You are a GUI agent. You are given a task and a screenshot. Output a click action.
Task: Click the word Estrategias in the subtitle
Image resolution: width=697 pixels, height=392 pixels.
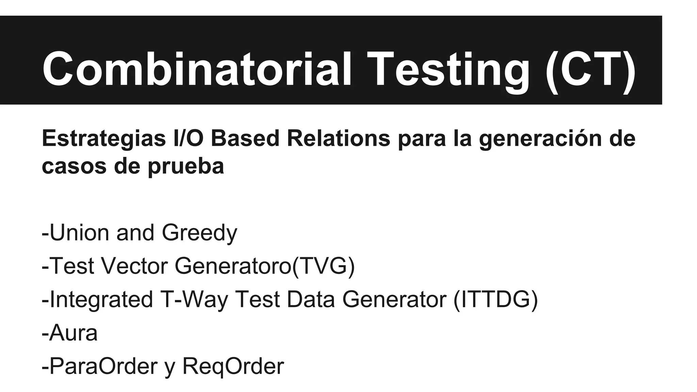(104, 139)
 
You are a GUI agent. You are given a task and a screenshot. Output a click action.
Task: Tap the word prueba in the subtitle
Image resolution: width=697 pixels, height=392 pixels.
(186, 167)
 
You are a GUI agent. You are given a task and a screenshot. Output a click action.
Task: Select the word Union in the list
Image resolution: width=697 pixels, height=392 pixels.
(79, 233)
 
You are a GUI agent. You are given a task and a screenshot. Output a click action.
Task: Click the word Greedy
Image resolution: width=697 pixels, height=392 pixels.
(199, 233)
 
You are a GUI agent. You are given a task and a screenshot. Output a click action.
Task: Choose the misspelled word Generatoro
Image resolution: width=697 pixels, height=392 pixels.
(233, 266)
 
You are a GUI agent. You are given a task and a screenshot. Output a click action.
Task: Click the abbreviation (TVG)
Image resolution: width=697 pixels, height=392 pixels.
(323, 266)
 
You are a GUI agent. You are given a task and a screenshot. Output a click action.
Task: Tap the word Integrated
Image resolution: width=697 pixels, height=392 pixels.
(101, 299)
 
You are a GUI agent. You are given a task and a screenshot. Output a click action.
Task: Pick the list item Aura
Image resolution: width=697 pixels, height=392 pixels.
(73, 333)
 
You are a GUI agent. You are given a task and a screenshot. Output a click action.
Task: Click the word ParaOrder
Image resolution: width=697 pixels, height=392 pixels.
(103, 366)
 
